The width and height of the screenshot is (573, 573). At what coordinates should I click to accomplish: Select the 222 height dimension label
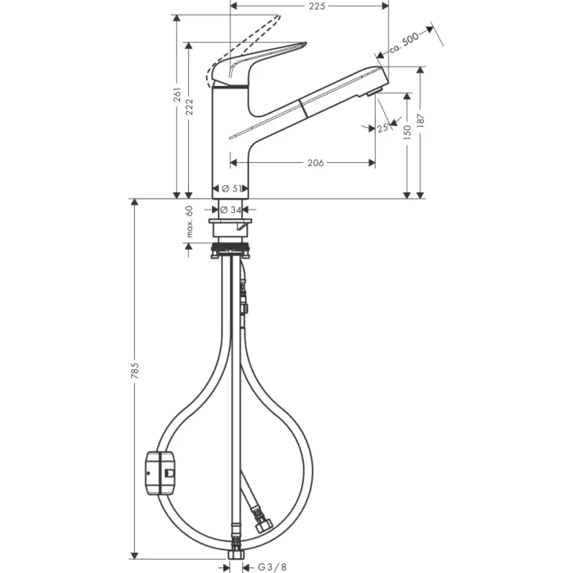pos(190,106)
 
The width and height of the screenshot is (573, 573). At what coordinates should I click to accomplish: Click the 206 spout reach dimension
pos(315,163)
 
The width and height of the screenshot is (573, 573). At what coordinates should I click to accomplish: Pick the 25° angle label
pos(383,128)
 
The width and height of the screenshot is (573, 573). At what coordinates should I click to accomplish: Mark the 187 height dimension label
pos(422,120)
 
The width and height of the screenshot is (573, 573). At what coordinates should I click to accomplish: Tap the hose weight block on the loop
pos(160,474)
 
